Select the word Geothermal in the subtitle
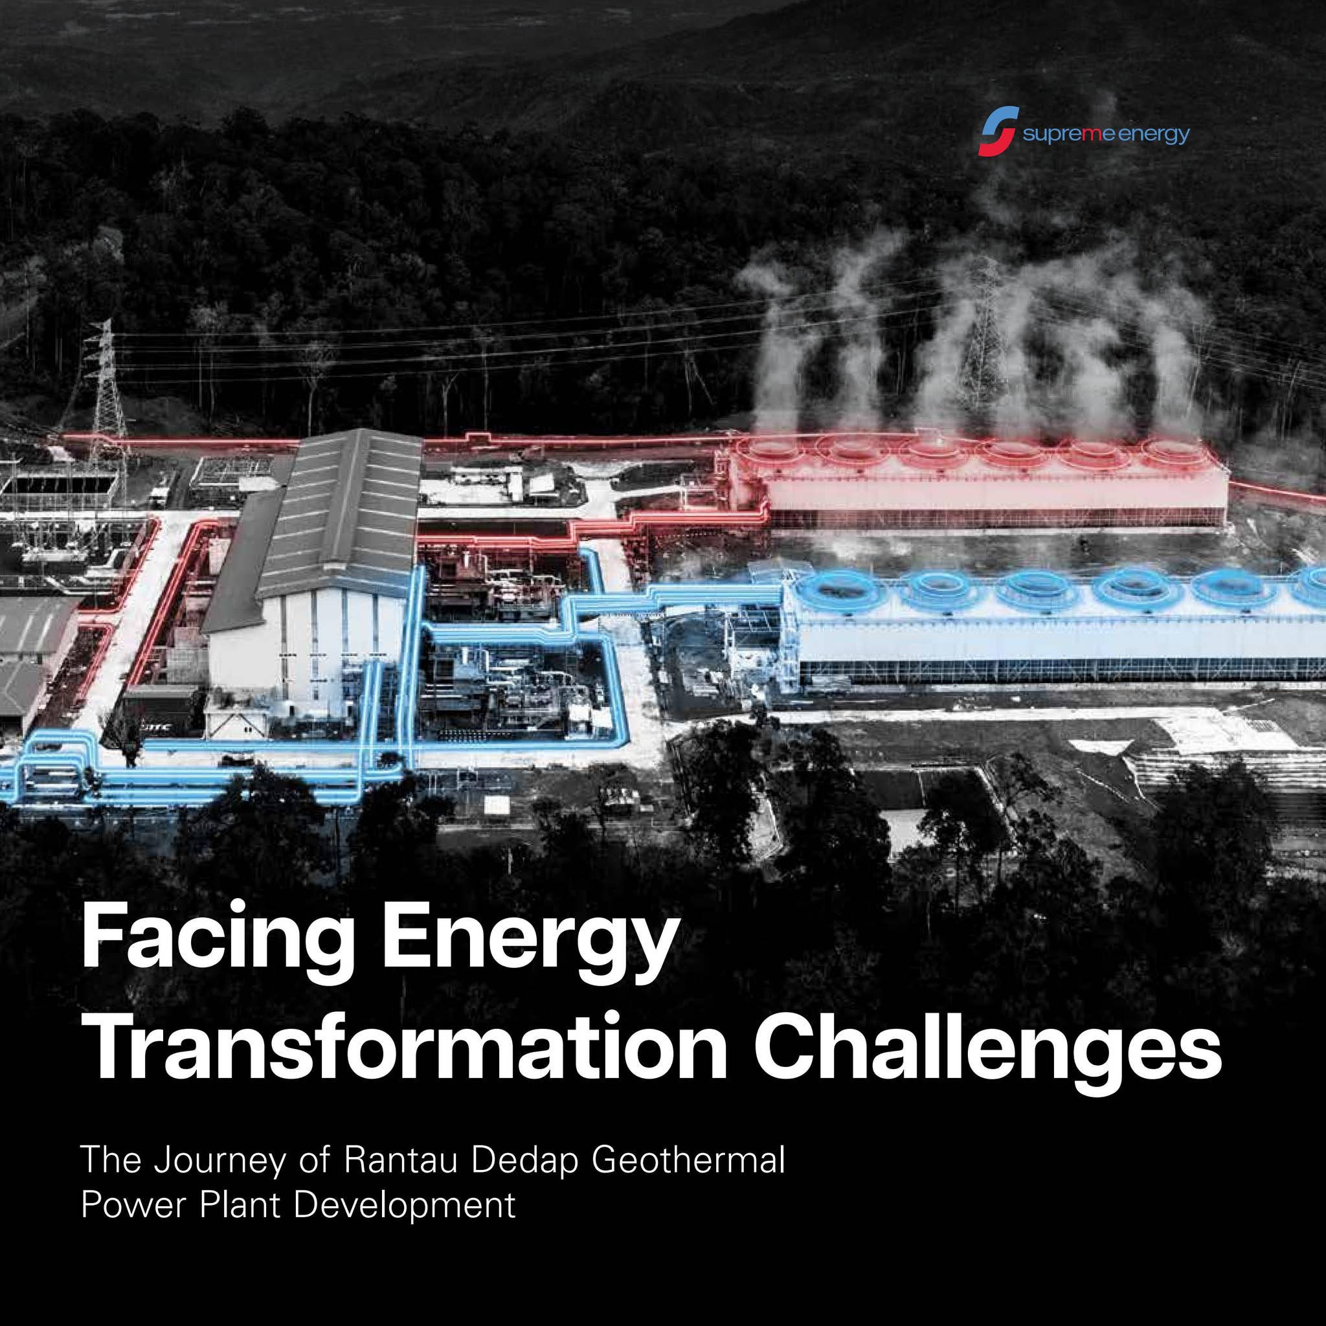pyautogui.click(x=688, y=1159)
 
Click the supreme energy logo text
pyautogui.click(x=1106, y=135)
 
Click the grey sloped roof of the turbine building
pyautogui.click(x=343, y=508)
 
